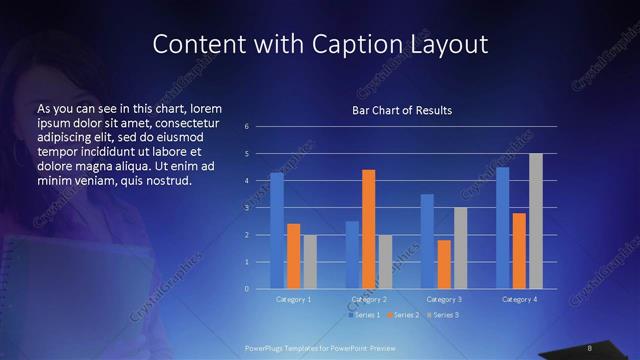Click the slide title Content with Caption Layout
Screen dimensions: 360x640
click(x=319, y=44)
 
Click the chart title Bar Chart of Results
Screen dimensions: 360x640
click(x=402, y=110)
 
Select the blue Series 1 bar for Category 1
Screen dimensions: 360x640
click(x=277, y=231)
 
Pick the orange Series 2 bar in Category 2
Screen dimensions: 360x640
click(x=369, y=229)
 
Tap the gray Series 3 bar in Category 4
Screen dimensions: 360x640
click(x=536, y=221)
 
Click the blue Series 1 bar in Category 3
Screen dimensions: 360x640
click(x=427, y=241)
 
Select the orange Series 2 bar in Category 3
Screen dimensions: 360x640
click(x=444, y=264)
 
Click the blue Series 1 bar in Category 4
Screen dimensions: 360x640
click(x=503, y=228)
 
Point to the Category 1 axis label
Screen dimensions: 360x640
click(x=294, y=299)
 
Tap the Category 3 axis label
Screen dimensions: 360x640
click(x=444, y=299)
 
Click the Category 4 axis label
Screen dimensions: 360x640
click(x=519, y=299)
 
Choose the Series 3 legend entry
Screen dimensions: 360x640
click(x=444, y=315)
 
